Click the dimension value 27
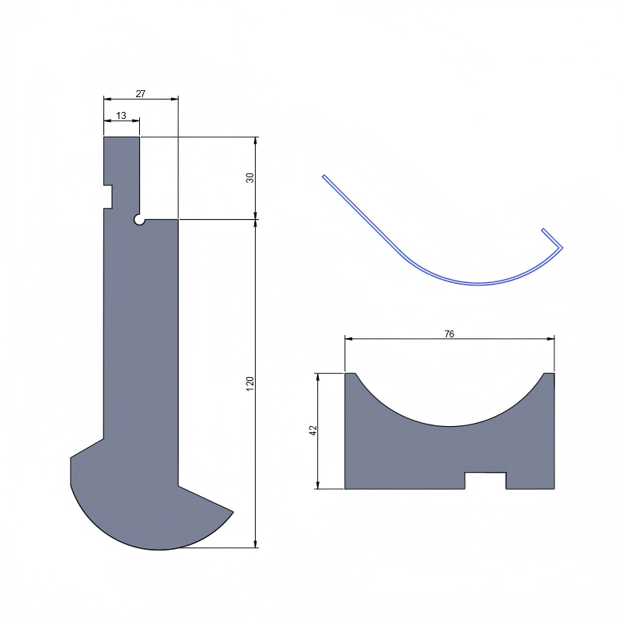141,93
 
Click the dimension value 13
121,115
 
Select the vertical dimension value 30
250,177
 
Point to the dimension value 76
449,334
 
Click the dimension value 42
313,430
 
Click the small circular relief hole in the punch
139,221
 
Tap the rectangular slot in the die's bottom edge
485,480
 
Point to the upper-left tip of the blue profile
324,176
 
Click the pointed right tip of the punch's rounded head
232,512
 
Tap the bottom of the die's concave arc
449,425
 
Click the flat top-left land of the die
350,375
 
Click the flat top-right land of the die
549,375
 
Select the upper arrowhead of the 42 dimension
318,377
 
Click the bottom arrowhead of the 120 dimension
256,543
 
